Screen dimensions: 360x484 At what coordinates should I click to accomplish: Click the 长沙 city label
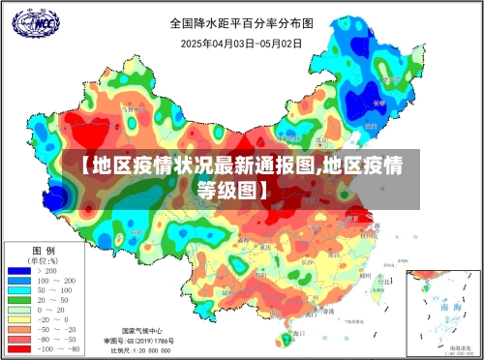(x=307, y=261)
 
